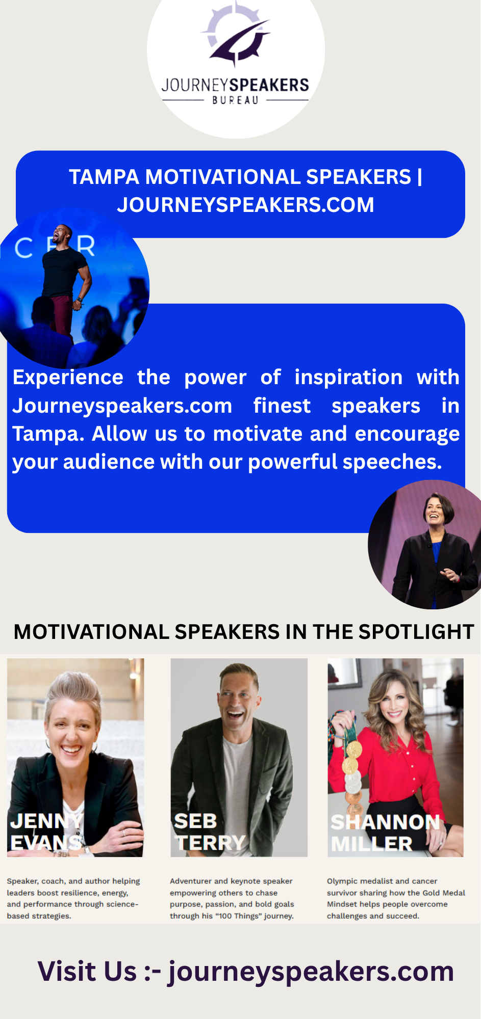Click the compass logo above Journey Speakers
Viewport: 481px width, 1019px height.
pyautogui.click(x=236, y=35)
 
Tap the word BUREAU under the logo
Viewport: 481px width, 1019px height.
pyautogui.click(x=235, y=100)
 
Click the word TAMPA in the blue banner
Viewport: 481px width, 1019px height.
pyautogui.click(x=104, y=177)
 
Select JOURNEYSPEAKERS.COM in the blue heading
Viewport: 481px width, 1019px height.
pyautogui.click(x=245, y=205)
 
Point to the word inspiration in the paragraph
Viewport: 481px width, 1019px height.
pyautogui.click(x=348, y=378)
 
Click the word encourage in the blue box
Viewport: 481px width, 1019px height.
pyautogui.click(x=407, y=434)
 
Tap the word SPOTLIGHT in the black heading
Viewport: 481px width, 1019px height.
pyautogui.click(x=416, y=632)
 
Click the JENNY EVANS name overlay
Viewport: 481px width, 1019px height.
pyautogui.click(x=46, y=832)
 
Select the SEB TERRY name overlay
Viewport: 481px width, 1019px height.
pyautogui.click(x=210, y=832)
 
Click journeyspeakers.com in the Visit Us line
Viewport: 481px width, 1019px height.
pyautogui.click(x=311, y=972)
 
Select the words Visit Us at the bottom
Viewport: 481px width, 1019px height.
pyautogui.click(x=87, y=971)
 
